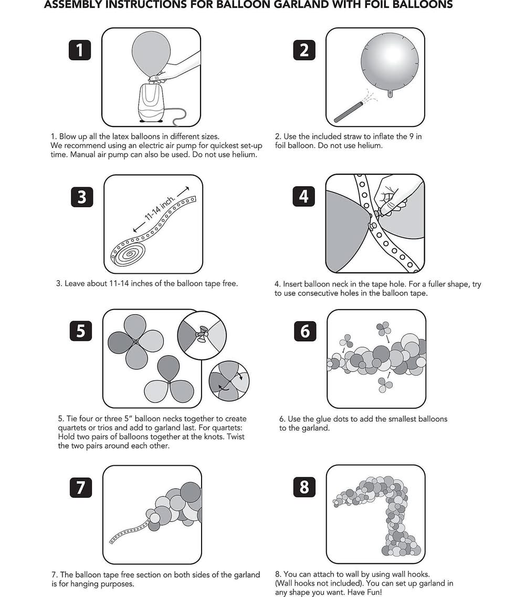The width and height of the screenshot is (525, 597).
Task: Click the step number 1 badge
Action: pos(79,50)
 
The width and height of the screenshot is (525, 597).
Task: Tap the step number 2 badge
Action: pos(304,50)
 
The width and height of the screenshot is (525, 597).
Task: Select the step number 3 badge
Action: pos(81,197)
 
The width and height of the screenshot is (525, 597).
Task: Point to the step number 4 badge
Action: pos(304,197)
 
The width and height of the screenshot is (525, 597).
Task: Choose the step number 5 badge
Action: pos(80,331)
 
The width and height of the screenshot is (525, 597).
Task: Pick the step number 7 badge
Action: pos(80,487)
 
